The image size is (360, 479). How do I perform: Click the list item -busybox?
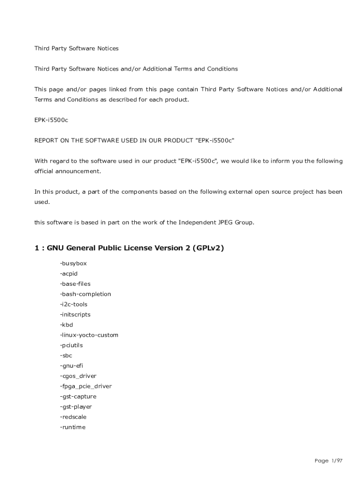73,263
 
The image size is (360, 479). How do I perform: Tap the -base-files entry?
75,284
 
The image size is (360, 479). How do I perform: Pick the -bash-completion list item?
86,294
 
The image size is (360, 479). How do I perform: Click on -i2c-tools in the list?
74,305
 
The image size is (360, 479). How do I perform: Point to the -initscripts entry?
75,315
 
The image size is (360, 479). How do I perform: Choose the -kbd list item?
66,325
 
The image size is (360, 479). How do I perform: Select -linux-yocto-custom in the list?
89,335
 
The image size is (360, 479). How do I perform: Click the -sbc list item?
66,356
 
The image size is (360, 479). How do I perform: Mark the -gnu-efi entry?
72,366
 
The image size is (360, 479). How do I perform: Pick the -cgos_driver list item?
78,376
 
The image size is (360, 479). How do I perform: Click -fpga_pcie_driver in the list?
86,386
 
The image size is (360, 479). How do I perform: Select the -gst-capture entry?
78,397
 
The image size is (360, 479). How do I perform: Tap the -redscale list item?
73,417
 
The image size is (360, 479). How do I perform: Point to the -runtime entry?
73,427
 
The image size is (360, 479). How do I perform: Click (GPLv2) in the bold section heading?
208,248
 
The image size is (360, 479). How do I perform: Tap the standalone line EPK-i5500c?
51,120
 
